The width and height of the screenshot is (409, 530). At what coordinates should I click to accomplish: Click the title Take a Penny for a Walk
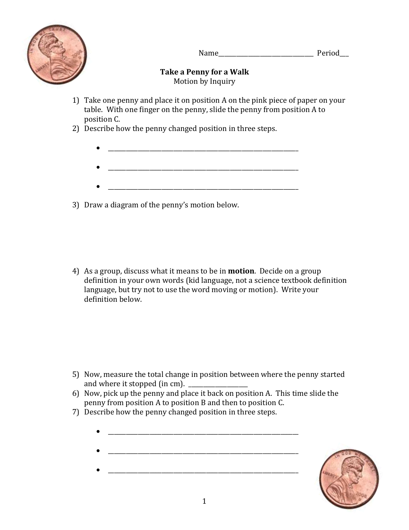[204, 72]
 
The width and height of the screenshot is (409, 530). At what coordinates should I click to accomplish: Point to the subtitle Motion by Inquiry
[204, 82]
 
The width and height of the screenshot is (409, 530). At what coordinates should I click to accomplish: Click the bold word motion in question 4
[241, 271]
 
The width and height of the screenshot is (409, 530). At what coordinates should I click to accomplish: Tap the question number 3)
[75, 205]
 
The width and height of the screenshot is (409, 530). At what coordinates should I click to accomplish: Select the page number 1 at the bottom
[204, 501]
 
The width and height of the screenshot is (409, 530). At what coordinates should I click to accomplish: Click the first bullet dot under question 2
[98, 148]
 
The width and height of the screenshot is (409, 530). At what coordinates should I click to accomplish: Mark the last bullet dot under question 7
[98, 470]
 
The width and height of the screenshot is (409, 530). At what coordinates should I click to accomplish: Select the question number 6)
[75, 394]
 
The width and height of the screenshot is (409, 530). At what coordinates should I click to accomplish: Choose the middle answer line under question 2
[203, 169]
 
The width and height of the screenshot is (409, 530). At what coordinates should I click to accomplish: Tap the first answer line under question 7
[203, 433]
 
